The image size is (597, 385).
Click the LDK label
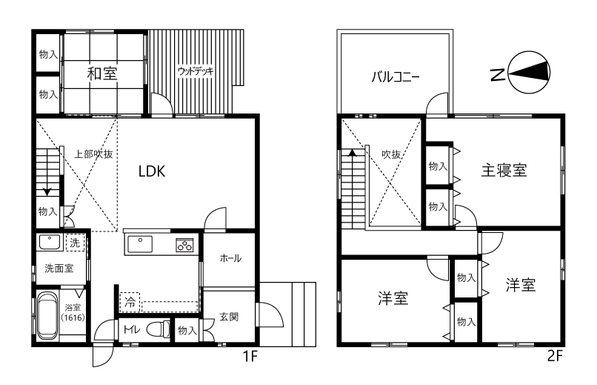(x=152, y=171)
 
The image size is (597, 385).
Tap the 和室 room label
(x=102, y=73)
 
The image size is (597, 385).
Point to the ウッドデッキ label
(x=196, y=71)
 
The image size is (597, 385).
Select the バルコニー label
(x=396, y=77)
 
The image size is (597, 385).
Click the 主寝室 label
(x=504, y=170)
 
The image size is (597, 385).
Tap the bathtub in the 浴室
(x=47, y=316)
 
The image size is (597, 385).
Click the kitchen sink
(x=140, y=244)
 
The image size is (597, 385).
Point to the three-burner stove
(x=184, y=245)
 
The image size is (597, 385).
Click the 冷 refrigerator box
(x=130, y=302)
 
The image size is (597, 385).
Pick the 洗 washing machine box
(x=75, y=243)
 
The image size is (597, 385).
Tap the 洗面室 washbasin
(x=49, y=243)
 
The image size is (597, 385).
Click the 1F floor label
(x=250, y=356)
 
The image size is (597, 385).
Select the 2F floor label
(x=555, y=356)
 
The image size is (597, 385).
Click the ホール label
(x=231, y=258)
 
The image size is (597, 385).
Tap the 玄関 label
(x=229, y=317)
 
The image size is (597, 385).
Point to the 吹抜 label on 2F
(x=391, y=154)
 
